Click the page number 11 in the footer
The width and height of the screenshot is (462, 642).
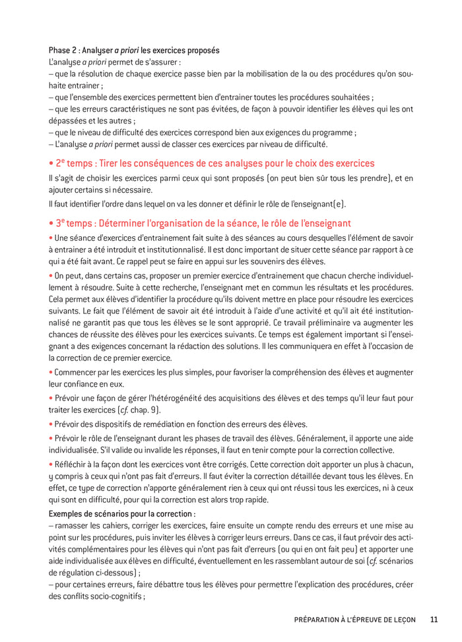[x=434, y=619]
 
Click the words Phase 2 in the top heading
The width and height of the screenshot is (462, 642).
[x=63, y=50]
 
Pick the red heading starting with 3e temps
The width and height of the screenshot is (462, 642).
[x=200, y=223]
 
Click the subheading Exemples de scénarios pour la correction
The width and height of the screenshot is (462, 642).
[x=122, y=513]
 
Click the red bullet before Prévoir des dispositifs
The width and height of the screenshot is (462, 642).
[x=51, y=424]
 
